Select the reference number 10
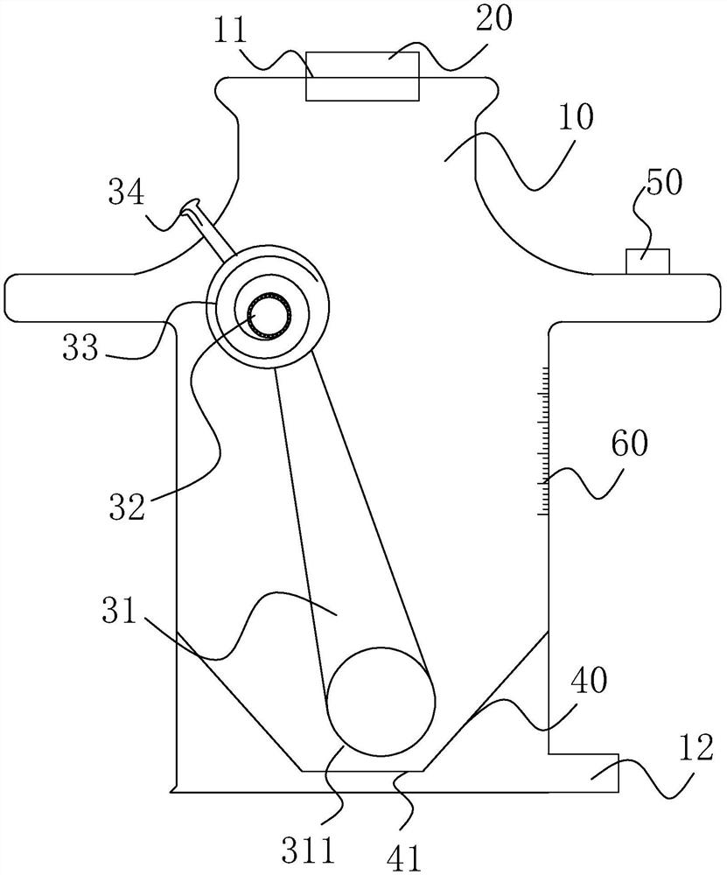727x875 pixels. pyautogui.click(x=576, y=117)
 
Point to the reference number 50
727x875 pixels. pyautogui.click(x=663, y=182)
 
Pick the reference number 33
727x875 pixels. pyautogui.click(x=80, y=347)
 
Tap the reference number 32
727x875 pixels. pyautogui.click(x=127, y=507)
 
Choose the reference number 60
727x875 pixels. pyautogui.click(x=630, y=444)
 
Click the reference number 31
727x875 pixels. pyautogui.click(x=119, y=611)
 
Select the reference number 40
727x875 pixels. pyautogui.click(x=589, y=680)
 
